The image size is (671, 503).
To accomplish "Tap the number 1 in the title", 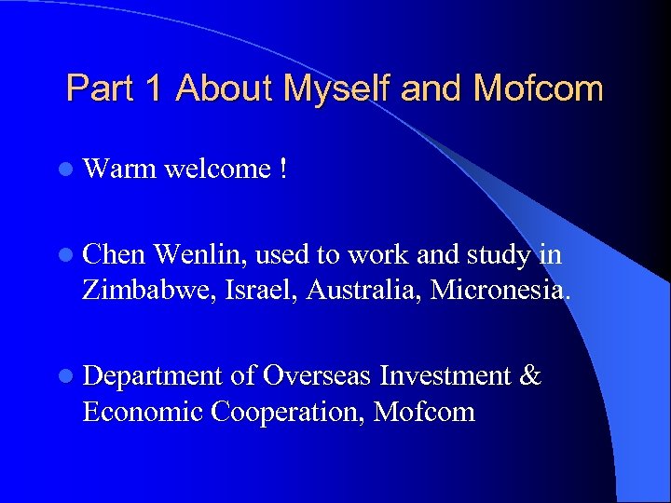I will [x=154, y=89].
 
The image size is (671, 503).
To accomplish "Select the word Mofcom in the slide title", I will [x=538, y=89].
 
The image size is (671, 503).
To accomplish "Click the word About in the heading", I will [x=225, y=89].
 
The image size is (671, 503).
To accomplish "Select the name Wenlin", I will [x=199, y=254].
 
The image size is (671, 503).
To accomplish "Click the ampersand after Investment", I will [x=529, y=376].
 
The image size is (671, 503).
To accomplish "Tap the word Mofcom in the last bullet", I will [x=424, y=412].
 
